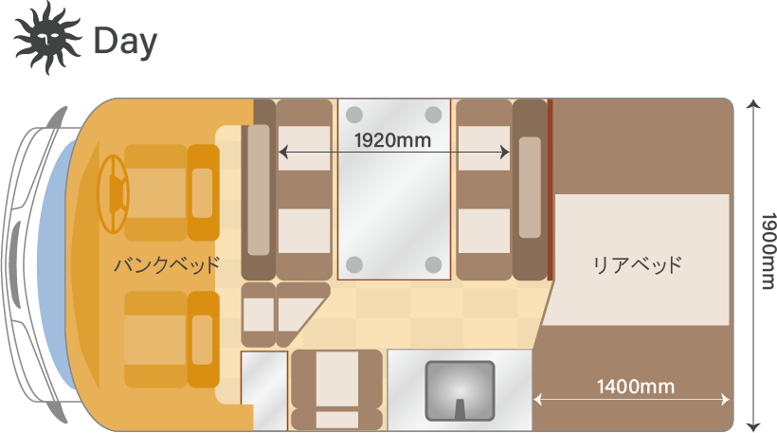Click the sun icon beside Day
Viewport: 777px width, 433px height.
(x=47, y=38)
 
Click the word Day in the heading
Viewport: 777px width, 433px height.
(x=125, y=42)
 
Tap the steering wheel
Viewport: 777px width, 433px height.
(x=114, y=193)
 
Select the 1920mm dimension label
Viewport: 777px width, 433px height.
(x=392, y=140)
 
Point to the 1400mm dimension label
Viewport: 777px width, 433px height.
(x=636, y=387)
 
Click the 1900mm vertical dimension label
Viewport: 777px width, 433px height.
(x=768, y=251)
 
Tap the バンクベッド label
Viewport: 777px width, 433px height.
(x=167, y=264)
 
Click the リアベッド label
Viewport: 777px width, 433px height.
(x=638, y=264)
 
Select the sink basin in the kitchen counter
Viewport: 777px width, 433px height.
(x=461, y=391)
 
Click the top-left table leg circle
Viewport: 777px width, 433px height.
(x=353, y=115)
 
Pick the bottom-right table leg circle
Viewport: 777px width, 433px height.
(x=434, y=264)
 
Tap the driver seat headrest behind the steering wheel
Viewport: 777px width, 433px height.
(x=203, y=192)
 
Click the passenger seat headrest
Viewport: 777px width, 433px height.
(x=203, y=340)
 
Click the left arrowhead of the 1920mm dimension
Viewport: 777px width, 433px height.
(x=282, y=153)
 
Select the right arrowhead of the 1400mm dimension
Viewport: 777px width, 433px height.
(x=725, y=399)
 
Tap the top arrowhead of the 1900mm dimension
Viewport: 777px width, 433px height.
(x=753, y=104)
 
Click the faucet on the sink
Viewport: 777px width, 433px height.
(x=461, y=408)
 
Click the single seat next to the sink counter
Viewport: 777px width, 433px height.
(x=337, y=389)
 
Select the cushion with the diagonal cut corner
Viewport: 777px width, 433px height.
(x=301, y=315)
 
